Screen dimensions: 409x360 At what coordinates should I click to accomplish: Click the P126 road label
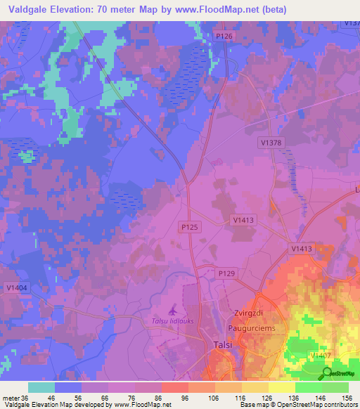[x=224, y=36]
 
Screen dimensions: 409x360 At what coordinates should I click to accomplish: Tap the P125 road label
[x=188, y=227]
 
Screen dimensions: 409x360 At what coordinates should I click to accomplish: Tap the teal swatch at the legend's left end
[x=41, y=387]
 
